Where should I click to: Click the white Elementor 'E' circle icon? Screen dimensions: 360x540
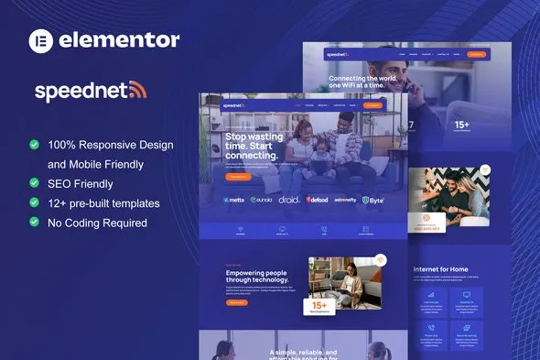[x=43, y=40]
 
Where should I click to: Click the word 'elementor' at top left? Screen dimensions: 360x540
[x=119, y=40]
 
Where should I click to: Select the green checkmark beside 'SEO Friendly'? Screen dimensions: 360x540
[x=34, y=183]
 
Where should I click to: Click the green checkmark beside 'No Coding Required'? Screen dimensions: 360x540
[x=34, y=222]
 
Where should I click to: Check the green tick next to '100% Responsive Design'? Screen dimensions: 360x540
[x=34, y=145]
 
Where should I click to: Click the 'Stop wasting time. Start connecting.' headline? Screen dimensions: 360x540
[x=252, y=147]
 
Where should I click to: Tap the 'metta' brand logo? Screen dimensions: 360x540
[x=234, y=199]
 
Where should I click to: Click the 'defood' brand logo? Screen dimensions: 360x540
[x=318, y=199]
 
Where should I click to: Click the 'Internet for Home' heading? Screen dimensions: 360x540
[x=442, y=267]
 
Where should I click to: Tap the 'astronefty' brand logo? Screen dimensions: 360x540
[x=345, y=199]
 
